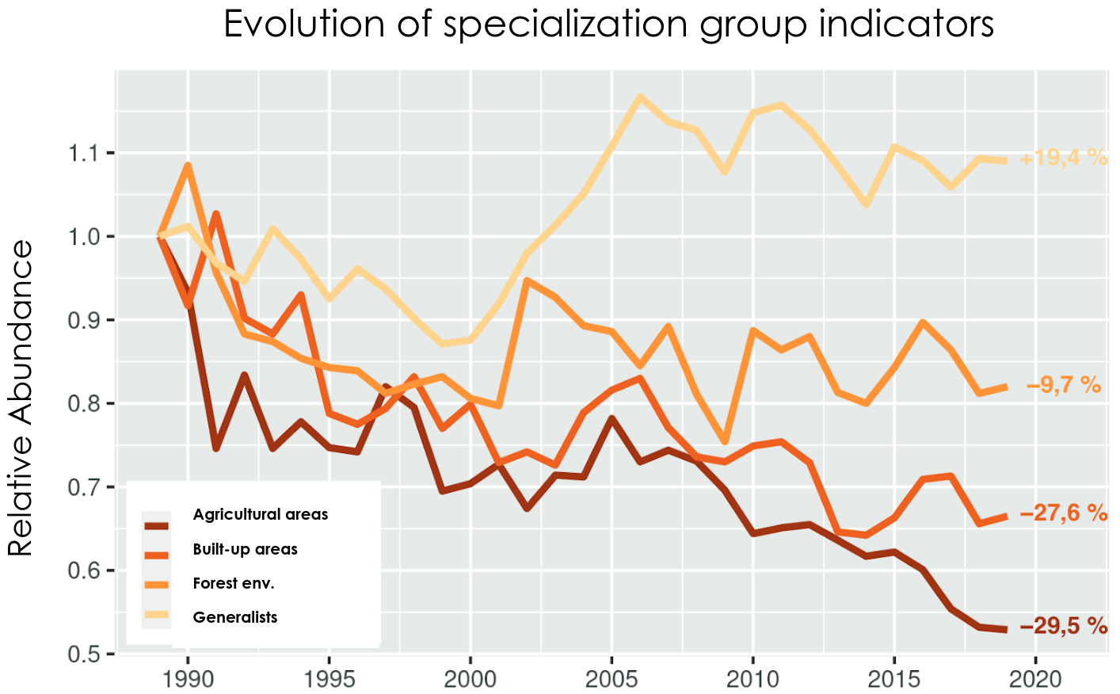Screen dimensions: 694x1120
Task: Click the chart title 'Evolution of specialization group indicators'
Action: pyautogui.click(x=608, y=24)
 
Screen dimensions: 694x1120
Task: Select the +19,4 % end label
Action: pyautogui.click(x=1063, y=158)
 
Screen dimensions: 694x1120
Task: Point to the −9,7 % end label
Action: pyautogui.click(x=1063, y=386)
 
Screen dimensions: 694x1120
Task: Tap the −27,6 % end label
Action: pyautogui.click(x=1063, y=513)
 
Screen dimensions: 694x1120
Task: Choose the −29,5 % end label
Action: pyautogui.click(x=1063, y=627)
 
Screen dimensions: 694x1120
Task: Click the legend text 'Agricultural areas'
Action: pyautogui.click(x=260, y=515)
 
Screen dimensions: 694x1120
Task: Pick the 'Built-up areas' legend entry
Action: pyautogui.click(x=245, y=550)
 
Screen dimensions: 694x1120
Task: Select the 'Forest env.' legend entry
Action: pyautogui.click(x=234, y=584)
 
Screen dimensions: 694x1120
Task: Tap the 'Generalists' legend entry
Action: pyautogui.click(x=235, y=618)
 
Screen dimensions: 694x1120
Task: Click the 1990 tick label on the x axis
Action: pyautogui.click(x=188, y=679)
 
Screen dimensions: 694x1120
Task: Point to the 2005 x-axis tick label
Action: pyautogui.click(x=611, y=679)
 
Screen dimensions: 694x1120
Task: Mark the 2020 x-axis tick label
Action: pyautogui.click(x=1035, y=679)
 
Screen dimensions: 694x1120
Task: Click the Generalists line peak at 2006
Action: pyautogui.click(x=640, y=97)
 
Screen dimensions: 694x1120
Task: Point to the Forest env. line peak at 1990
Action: pyautogui.click(x=188, y=165)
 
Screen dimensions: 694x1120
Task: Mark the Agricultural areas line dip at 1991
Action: pyautogui.click(x=215, y=448)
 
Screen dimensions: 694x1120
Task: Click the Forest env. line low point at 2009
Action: pyautogui.click(x=724, y=441)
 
